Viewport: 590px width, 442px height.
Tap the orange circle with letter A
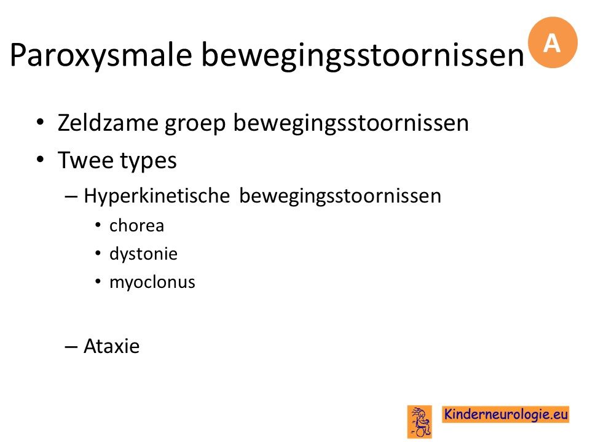coord(553,42)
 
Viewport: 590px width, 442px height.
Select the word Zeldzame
coord(108,123)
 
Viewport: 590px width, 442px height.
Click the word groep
coord(195,125)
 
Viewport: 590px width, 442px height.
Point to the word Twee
coord(85,160)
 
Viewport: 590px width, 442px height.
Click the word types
coord(148,162)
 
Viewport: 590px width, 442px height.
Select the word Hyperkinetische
coord(157,196)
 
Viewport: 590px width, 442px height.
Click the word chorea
coord(136,225)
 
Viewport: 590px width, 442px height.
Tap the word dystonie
coord(143,254)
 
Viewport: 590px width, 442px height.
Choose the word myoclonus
coord(152,282)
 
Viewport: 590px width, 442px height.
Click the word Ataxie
coord(112,346)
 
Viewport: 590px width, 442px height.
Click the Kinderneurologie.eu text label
coord(506,414)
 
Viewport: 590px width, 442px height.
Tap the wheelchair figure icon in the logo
coord(420,422)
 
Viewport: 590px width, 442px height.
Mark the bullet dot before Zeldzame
coord(41,122)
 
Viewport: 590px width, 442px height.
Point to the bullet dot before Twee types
coord(41,160)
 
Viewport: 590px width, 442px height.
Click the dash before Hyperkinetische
coord(71,196)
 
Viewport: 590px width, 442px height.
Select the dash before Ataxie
coord(71,346)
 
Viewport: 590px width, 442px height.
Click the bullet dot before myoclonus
coord(98,282)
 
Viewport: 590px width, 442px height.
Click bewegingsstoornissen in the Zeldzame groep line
coord(351,123)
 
